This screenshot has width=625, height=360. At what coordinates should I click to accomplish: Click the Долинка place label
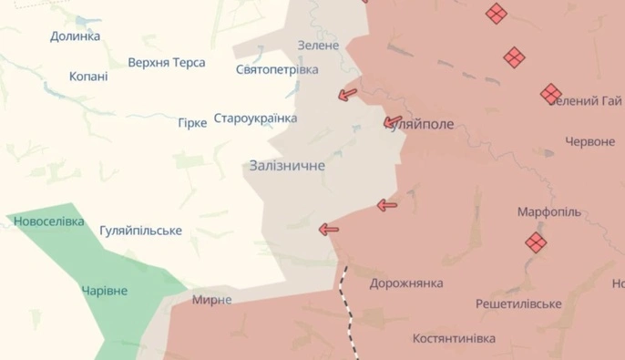click(x=75, y=36)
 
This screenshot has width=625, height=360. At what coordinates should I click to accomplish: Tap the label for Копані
click(x=88, y=77)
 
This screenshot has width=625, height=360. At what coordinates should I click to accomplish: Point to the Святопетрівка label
click(x=277, y=70)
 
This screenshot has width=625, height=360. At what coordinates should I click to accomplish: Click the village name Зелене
click(x=318, y=46)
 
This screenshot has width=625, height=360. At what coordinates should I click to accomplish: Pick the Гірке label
click(x=192, y=122)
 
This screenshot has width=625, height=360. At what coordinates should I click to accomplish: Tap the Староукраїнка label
click(x=255, y=118)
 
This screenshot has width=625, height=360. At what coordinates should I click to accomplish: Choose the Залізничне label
click(x=286, y=166)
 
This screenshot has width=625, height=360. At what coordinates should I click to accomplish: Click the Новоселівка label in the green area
click(x=48, y=221)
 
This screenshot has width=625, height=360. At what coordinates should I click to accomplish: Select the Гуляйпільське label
click(x=140, y=231)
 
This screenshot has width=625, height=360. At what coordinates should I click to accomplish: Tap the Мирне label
click(x=211, y=300)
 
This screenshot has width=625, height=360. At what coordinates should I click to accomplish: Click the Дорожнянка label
click(x=406, y=283)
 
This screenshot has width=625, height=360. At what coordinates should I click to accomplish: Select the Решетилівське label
click(x=517, y=303)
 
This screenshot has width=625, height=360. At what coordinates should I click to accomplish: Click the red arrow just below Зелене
click(x=346, y=94)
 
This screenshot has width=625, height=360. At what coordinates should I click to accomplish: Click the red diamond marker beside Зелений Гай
click(x=550, y=93)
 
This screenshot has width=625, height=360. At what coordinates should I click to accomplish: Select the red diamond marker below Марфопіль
click(x=535, y=242)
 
